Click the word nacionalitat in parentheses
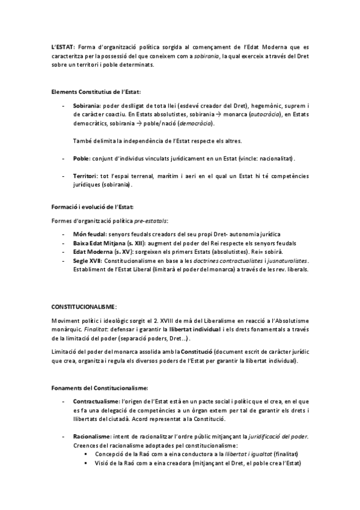276,158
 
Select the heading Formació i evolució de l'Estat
96,207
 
